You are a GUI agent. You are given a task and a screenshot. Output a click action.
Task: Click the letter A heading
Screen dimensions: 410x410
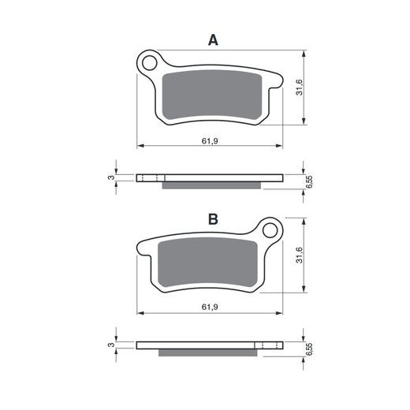pyautogui.click(x=213, y=40)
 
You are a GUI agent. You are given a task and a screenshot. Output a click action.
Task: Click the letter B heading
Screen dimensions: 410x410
pyautogui.click(x=213, y=219)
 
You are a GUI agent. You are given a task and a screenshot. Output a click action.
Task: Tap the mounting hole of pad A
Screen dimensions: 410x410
pyautogui.click(x=150, y=63)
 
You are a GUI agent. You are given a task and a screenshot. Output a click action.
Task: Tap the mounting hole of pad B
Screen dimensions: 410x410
pyautogui.click(x=270, y=230)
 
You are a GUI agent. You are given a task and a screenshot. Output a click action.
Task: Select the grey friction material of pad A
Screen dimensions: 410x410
pyautogui.click(x=212, y=95)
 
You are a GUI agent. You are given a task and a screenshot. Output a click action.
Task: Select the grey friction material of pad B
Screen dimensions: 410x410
pyautogui.click(x=207, y=263)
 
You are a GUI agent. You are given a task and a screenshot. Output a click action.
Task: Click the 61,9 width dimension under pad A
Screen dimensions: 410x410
pyautogui.click(x=210, y=141)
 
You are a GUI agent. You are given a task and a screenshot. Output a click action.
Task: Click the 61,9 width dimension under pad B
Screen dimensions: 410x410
pyautogui.click(x=210, y=307)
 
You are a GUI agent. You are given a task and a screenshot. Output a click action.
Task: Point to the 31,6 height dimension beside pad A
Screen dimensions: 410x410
pyautogui.click(x=299, y=88)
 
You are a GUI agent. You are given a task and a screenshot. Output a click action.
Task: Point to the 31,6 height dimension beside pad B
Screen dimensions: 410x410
pyautogui.click(x=299, y=255)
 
